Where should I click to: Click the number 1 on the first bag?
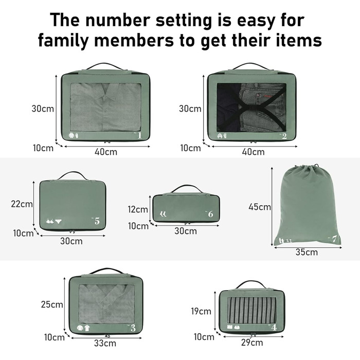coord(139,136)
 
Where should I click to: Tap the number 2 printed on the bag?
coord(284,136)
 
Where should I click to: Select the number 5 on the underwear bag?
coord(97,221)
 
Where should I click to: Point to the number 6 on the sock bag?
coord(210,214)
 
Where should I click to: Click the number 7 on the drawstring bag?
coord(334,239)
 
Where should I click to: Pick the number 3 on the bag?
coord(133,329)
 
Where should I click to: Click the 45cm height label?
coord(260,207)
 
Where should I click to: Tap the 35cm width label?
coord(307,252)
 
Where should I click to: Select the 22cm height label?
coord(22,204)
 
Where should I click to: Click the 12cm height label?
coord(138,209)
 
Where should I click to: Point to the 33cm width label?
coord(105,343)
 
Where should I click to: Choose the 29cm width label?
coord(252,343)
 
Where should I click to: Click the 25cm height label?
coord(52,304)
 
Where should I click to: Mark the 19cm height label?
coord(201,311)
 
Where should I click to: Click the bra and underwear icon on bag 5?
coord(54,221)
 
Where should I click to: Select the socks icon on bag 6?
coord(163,214)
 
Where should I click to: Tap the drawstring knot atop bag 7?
coord(317,165)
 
